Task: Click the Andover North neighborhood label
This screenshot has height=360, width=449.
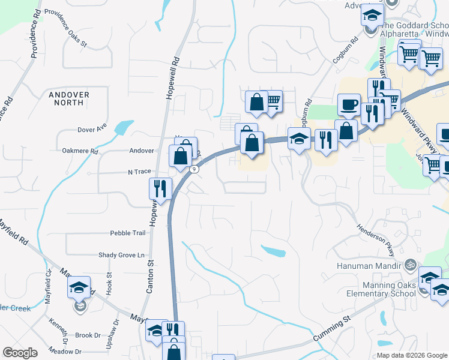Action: (70, 99)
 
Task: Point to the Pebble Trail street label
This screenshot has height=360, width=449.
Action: (127, 233)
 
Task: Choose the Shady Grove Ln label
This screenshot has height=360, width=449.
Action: (122, 255)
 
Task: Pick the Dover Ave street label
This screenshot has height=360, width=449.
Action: (92, 129)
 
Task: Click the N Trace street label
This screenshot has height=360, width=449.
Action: (139, 172)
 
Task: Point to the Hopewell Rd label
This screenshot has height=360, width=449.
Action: (175, 70)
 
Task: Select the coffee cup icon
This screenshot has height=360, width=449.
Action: (349, 105)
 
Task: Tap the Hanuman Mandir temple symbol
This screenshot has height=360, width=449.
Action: (411, 263)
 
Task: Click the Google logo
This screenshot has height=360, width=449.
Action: (20, 353)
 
